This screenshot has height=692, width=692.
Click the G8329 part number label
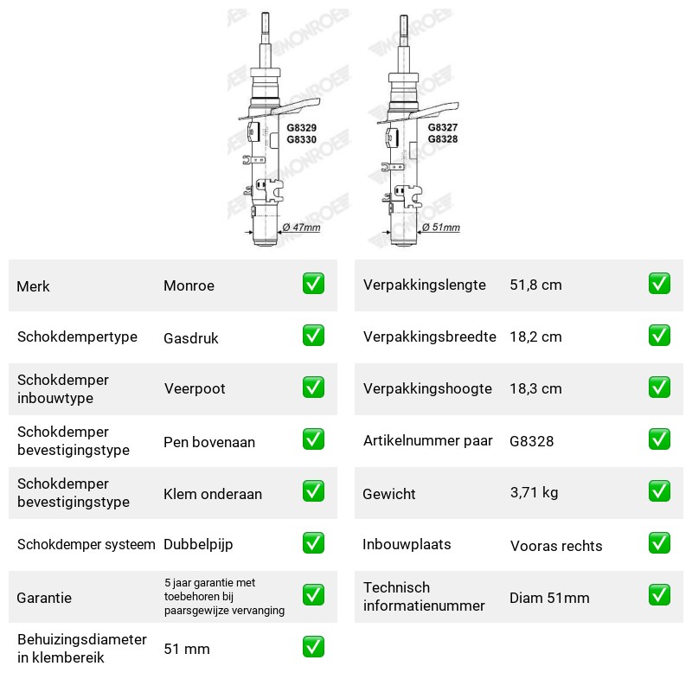click(301, 127)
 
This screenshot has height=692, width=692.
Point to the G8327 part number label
click(443, 127)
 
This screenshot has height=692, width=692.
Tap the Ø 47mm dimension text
click(301, 227)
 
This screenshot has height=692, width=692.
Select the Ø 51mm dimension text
click(441, 227)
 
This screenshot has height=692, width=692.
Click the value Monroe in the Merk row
click(189, 285)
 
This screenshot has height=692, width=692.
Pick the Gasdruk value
click(190, 338)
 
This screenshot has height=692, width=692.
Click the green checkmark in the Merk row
click(313, 284)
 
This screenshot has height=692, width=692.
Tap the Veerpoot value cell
click(195, 388)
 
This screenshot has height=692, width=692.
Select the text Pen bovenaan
click(209, 442)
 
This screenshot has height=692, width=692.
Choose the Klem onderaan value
click(213, 494)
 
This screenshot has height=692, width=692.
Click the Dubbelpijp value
click(198, 545)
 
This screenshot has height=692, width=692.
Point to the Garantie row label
click(44, 598)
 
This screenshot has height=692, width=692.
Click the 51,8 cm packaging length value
click(535, 285)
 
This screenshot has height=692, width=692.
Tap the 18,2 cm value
click(535, 336)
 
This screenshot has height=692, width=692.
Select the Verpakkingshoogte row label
click(427, 388)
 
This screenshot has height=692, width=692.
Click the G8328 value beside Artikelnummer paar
click(531, 441)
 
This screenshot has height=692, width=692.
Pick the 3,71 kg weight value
click(534, 492)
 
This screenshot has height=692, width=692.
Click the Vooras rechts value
click(556, 546)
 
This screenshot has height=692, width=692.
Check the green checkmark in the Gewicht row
click(659, 491)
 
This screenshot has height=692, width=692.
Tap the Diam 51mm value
click(549, 598)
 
